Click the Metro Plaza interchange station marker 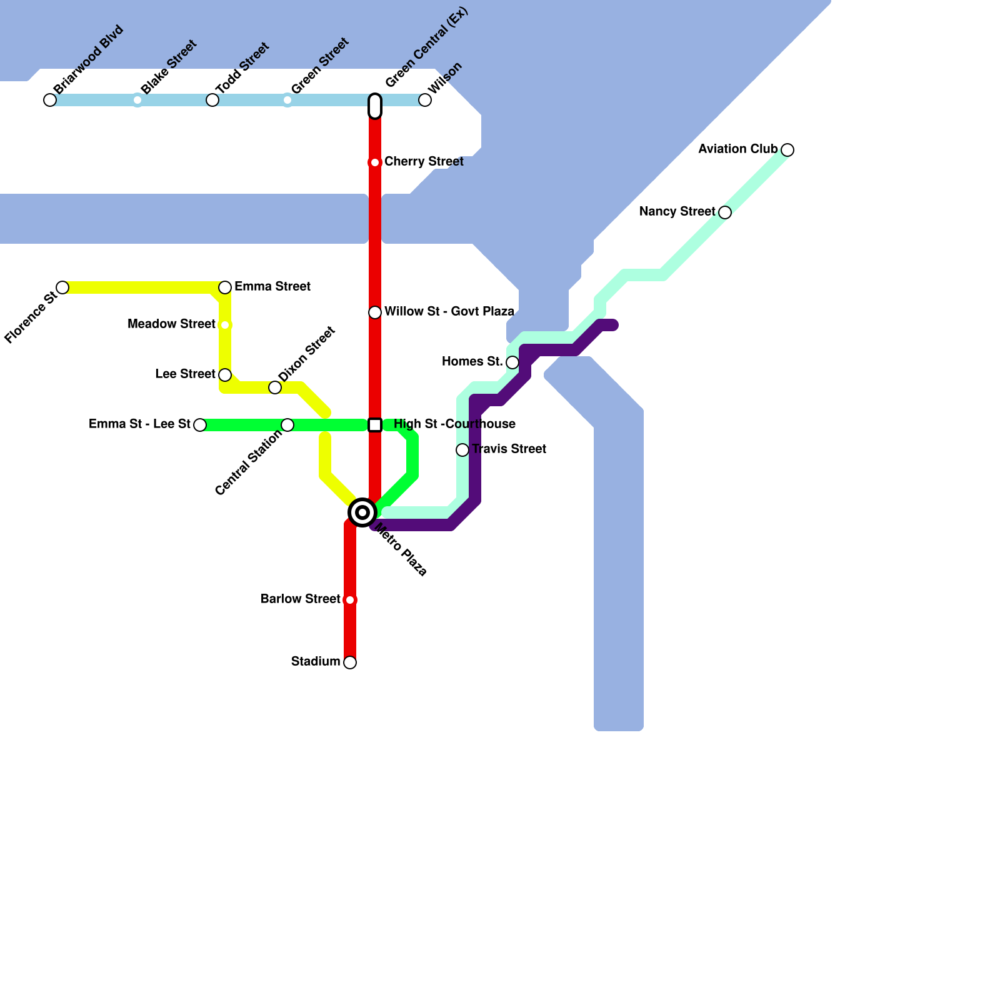[362, 512]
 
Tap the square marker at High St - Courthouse [375, 425]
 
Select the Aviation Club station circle [787, 150]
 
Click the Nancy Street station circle [725, 212]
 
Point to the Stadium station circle [350, 662]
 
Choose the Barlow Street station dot [350, 600]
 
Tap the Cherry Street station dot [375, 162]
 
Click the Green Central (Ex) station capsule [375, 106]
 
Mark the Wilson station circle [425, 100]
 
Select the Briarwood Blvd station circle [50, 100]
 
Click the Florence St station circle [62, 287]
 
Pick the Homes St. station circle [512, 362]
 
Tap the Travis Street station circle [462, 450]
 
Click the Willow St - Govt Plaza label [449, 311]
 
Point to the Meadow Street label [171, 324]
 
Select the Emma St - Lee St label [139, 424]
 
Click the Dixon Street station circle [275, 387]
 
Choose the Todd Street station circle [212, 100]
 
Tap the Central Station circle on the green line [287, 425]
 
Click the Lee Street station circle [225, 375]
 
